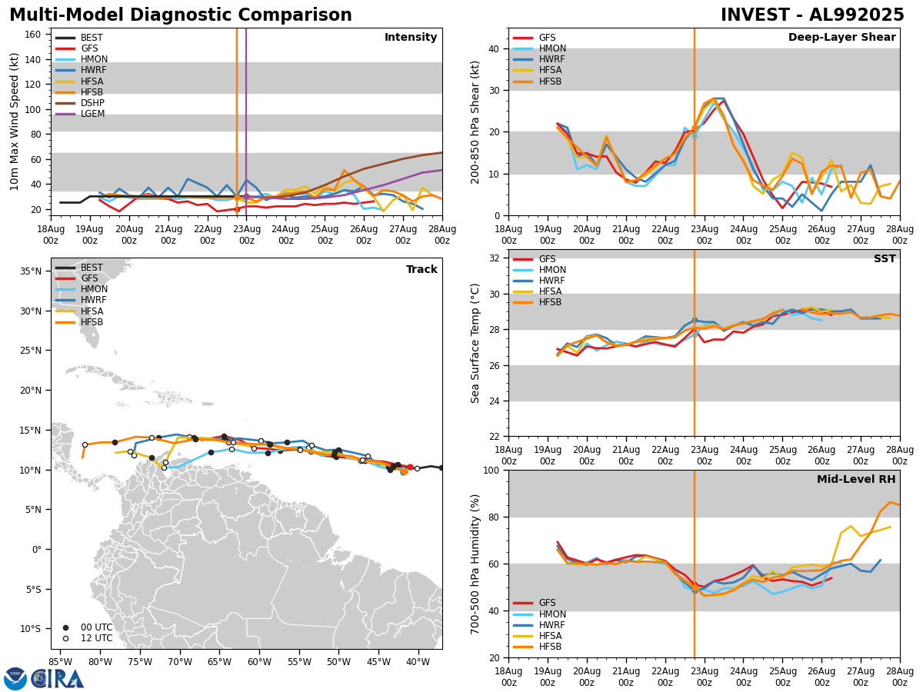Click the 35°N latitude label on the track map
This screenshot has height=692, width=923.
click(x=32, y=271)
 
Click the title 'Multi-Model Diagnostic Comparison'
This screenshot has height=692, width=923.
click(x=181, y=15)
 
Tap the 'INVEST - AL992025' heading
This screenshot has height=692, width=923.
click(x=812, y=15)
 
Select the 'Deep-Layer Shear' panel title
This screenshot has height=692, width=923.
click(x=841, y=38)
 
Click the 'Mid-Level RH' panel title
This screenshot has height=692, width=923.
click(x=856, y=480)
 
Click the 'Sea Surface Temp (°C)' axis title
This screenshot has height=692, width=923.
click(x=476, y=343)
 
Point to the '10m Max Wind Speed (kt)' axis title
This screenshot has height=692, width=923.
click(x=15, y=121)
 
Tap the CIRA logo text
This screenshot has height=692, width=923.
click(x=58, y=679)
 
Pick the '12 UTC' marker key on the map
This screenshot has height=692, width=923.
click(x=91, y=638)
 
